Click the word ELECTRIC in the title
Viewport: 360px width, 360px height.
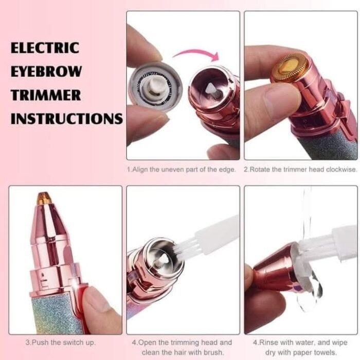(45, 48)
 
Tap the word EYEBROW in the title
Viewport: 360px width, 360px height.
(46, 71)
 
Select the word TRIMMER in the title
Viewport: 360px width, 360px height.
(46, 95)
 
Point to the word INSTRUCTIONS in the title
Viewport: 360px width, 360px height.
(67, 119)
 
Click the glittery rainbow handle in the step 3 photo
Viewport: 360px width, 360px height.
(51, 314)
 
